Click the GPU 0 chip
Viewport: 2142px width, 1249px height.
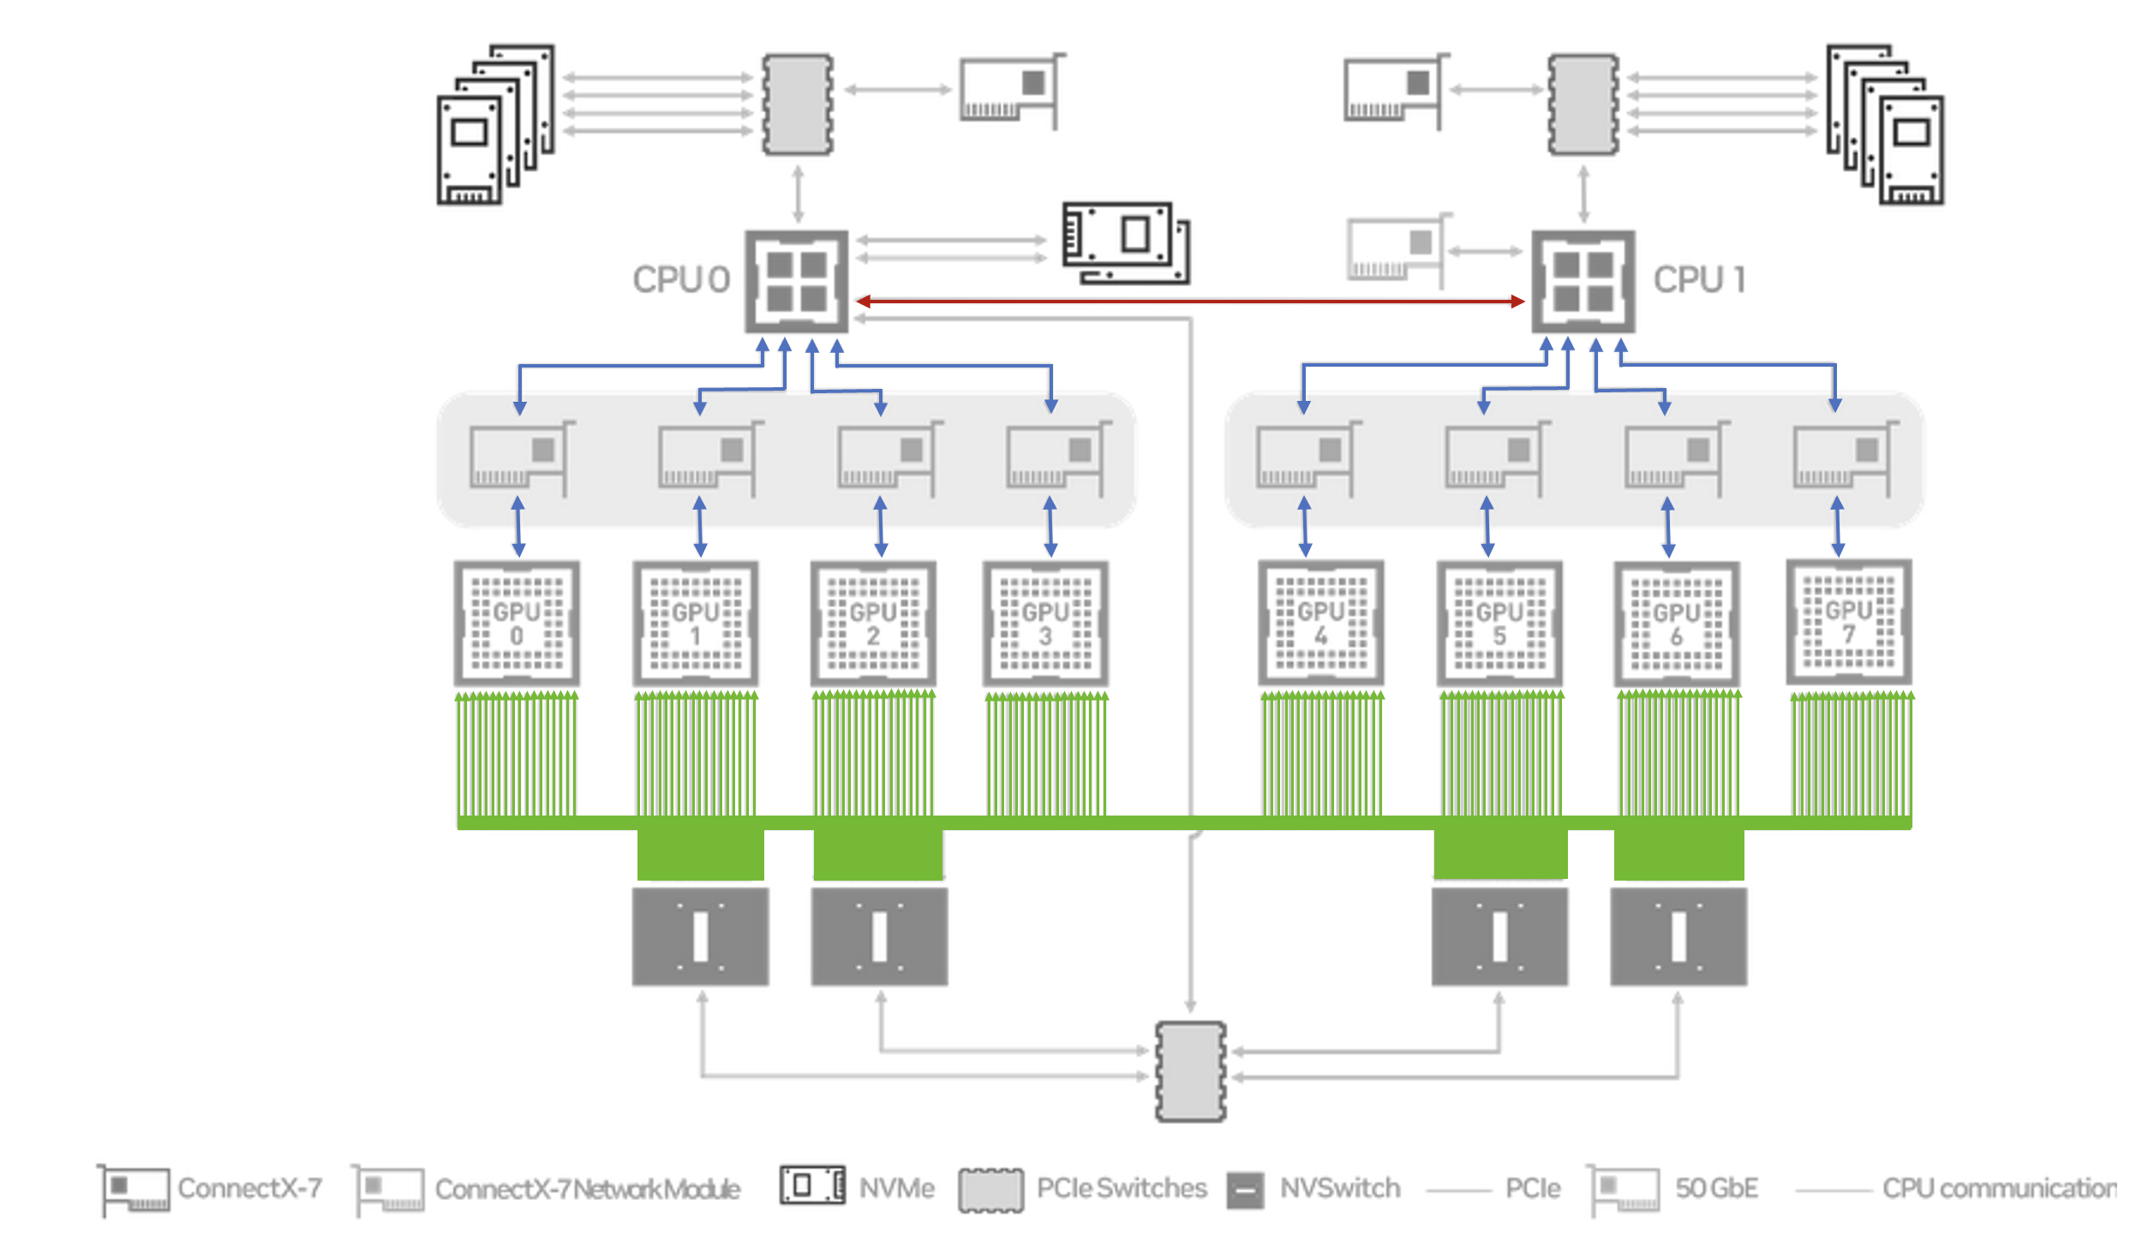(517, 623)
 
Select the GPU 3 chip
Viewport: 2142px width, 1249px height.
(1045, 623)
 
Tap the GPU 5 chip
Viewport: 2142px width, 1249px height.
(1499, 623)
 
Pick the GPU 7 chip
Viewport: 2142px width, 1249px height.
(1849, 622)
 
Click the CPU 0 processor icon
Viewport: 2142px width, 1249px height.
(797, 281)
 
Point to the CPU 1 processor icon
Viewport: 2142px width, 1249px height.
(1583, 281)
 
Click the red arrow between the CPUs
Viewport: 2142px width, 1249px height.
(1190, 301)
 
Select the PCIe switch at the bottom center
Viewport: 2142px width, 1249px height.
(1191, 1071)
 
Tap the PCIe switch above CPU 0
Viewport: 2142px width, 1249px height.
(798, 105)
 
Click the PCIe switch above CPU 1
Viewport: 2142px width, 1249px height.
(1583, 105)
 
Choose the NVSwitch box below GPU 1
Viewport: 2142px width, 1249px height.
(700, 936)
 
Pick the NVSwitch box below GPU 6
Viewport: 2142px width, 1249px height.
(1678, 936)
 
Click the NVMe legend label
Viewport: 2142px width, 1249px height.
(897, 1188)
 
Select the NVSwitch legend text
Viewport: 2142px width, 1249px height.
(1340, 1188)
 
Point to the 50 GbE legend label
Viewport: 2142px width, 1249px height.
(1717, 1188)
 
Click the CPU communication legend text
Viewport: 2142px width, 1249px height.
(1999, 1188)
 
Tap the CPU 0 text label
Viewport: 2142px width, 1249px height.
(681, 279)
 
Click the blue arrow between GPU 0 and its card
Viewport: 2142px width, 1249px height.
(518, 527)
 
